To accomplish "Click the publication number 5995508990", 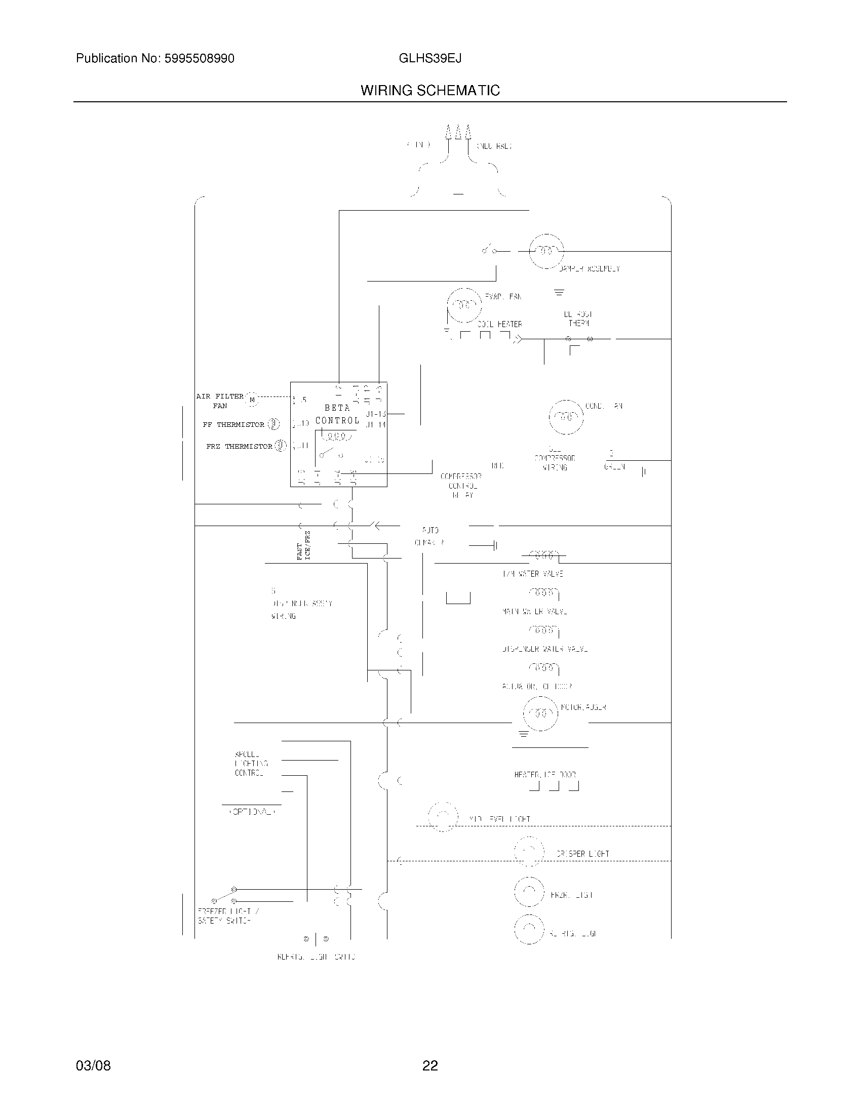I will [x=200, y=59].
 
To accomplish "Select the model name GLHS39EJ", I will [x=430, y=59].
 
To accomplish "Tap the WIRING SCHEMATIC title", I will [x=430, y=91].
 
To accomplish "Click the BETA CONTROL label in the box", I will [x=337, y=414].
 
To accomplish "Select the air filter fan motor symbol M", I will [x=252, y=400].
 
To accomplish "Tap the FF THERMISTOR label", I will [x=233, y=424].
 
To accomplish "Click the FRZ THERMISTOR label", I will [x=239, y=446].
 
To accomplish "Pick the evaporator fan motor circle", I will [x=464, y=305].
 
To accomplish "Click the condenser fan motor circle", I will [x=566, y=417].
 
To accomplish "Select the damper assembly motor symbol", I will [x=546, y=251].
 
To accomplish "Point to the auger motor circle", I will [x=540, y=713].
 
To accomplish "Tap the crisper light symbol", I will [x=529, y=851].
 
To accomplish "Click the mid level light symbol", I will [x=443, y=817].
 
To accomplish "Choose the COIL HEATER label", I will [x=499, y=325].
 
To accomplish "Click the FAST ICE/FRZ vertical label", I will [x=303, y=545].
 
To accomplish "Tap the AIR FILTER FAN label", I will [x=220, y=401].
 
